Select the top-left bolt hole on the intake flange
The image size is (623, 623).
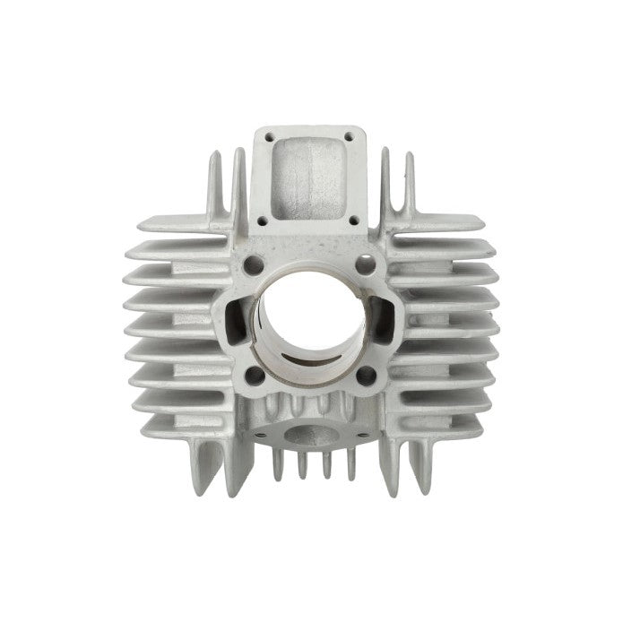[x=266, y=139]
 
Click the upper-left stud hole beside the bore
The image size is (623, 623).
[x=255, y=264]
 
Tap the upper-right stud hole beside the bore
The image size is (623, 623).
[x=365, y=264]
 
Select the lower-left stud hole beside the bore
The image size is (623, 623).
[x=255, y=375]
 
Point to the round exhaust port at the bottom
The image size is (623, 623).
[x=310, y=430]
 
